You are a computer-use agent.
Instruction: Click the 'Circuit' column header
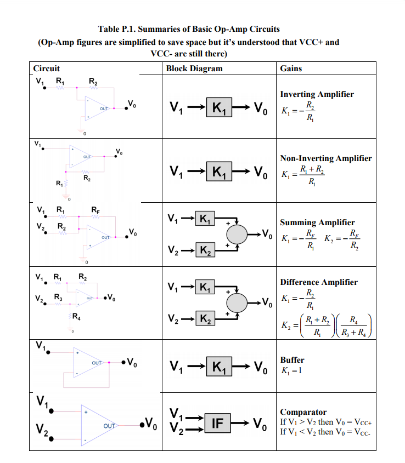47,68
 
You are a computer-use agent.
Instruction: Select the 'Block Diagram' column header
194,68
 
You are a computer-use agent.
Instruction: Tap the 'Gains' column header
291,68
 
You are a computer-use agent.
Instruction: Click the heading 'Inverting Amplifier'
317,94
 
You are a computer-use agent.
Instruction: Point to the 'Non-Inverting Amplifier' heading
325,158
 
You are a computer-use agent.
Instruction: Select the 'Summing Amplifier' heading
317,222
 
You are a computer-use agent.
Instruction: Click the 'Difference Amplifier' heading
318,282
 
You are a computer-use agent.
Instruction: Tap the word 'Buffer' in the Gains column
292,360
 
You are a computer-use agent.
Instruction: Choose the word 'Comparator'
303,412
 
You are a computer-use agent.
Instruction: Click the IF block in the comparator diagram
218,423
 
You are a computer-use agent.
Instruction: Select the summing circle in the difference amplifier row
238,301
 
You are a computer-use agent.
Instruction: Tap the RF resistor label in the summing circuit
95,209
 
